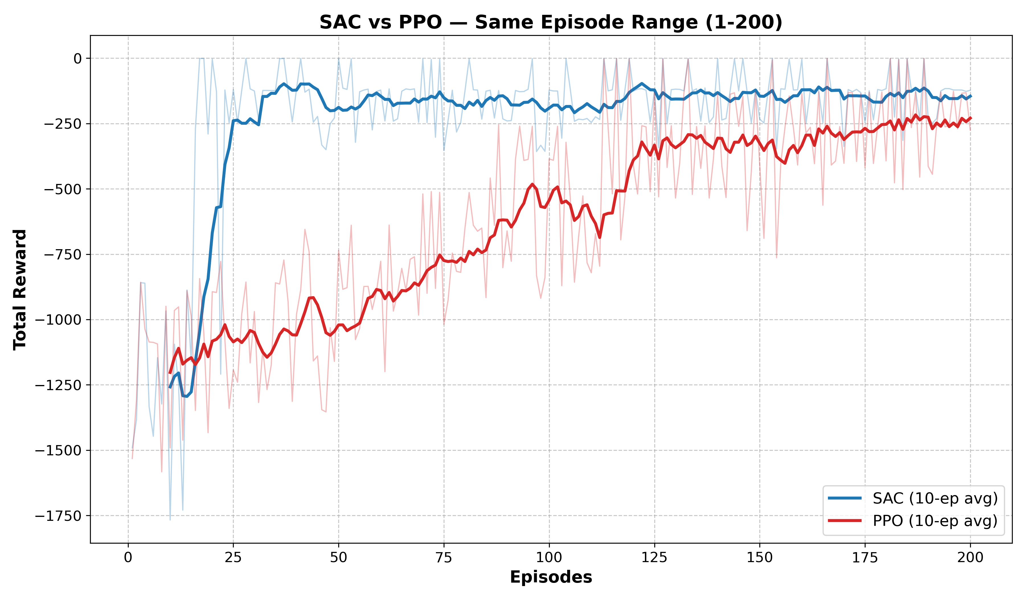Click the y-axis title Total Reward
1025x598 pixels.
[x=20, y=289]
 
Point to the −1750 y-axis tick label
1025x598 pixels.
[x=58, y=516]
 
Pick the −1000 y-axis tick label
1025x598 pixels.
[x=58, y=320]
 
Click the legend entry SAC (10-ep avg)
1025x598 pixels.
[x=935, y=498]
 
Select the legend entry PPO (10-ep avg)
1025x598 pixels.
[x=935, y=521]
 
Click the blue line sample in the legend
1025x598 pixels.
[x=845, y=498]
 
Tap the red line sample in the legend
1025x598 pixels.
[x=845, y=521]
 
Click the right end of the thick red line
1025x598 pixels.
[x=971, y=118]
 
